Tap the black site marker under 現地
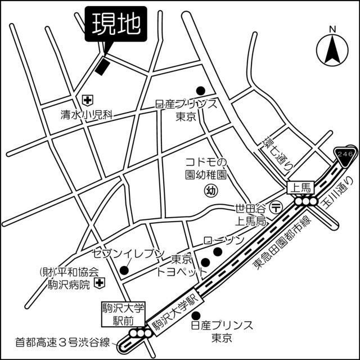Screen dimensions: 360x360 point(102,66)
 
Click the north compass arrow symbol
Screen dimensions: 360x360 point(332,49)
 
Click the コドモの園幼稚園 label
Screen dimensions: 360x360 point(206,168)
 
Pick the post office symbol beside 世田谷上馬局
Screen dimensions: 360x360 point(276,207)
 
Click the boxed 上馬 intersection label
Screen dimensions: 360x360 point(299,188)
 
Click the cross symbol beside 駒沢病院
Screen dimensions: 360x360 point(99,282)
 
